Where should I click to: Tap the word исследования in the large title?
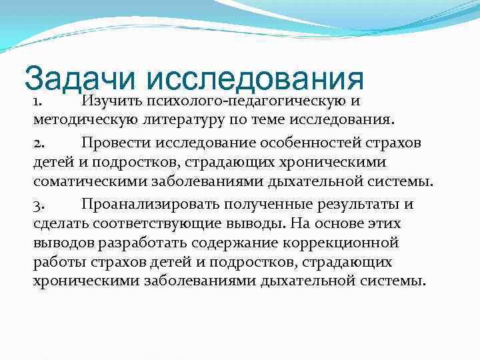tap(254, 79)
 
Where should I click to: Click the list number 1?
tap(38, 102)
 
